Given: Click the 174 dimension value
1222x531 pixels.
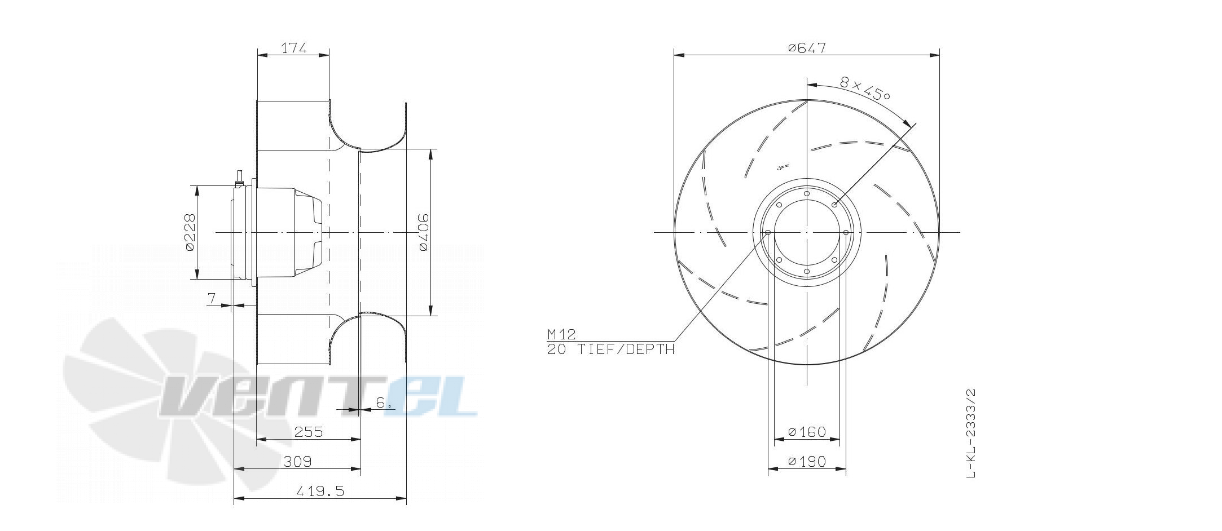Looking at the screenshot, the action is (x=293, y=48).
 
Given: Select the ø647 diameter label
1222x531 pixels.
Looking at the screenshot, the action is (x=807, y=48).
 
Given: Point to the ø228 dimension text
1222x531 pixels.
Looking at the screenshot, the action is (x=190, y=232).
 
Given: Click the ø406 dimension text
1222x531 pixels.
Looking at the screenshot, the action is (x=423, y=232).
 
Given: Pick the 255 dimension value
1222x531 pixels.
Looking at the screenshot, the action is (x=309, y=432).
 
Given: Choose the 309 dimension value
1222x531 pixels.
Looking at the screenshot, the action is (x=297, y=462).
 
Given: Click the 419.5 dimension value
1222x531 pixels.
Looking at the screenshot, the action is (x=320, y=492).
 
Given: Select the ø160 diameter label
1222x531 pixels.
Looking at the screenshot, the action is (x=807, y=432).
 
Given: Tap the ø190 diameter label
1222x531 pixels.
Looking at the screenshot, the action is (x=807, y=462).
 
